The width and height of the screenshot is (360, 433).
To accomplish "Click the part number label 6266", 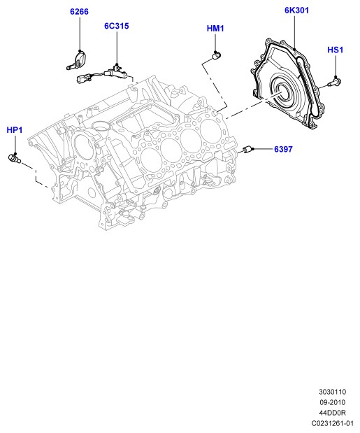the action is pyautogui.click(x=79, y=12).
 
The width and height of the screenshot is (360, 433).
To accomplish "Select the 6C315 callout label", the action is pyautogui.click(x=117, y=26).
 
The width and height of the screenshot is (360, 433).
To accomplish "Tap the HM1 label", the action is pyautogui.click(x=215, y=29).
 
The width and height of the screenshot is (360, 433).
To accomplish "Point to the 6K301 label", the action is pyautogui.click(x=296, y=10).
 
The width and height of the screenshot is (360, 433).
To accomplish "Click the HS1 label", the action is pyautogui.click(x=336, y=50).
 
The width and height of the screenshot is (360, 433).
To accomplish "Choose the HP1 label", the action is pyautogui.click(x=15, y=130).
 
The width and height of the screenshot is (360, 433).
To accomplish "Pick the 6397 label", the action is pyautogui.click(x=283, y=149).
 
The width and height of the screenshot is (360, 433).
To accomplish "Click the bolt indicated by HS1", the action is pyautogui.click(x=335, y=82).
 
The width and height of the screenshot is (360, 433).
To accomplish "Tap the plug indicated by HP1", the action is pyautogui.click(x=14, y=158).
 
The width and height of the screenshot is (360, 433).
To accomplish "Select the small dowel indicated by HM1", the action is pyautogui.click(x=215, y=55).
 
